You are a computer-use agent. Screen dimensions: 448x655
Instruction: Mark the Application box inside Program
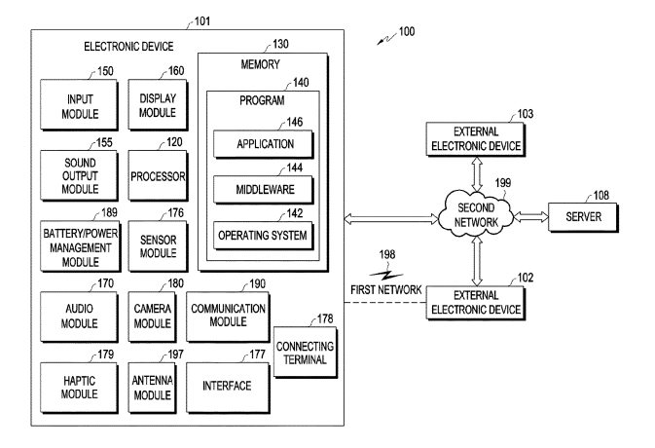coord(265,145)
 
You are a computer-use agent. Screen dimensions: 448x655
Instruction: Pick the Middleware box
coord(265,190)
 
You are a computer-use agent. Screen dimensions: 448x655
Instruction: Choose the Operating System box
coord(265,235)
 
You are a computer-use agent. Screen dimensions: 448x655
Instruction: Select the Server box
coord(587,214)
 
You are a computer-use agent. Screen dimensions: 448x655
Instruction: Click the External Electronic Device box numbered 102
coord(476,303)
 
